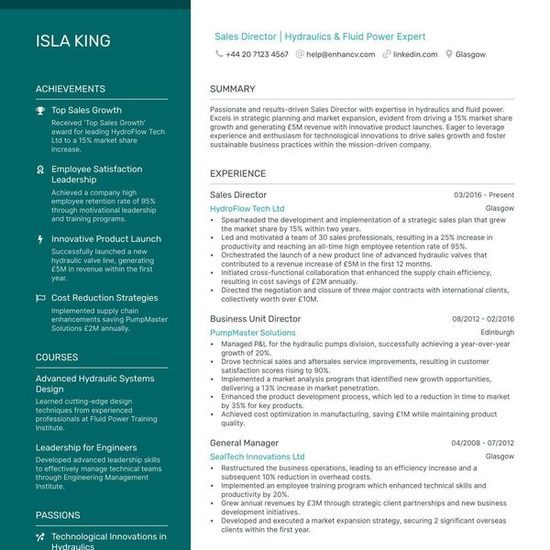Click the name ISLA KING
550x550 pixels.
click(x=73, y=41)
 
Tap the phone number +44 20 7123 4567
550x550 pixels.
click(x=257, y=54)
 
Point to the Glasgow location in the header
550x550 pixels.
click(x=470, y=54)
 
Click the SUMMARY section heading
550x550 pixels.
click(x=233, y=89)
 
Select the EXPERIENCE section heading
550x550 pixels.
click(x=237, y=173)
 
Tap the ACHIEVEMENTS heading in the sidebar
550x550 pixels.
click(x=71, y=89)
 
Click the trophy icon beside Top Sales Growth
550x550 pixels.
click(x=40, y=111)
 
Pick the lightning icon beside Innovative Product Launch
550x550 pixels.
click(x=40, y=239)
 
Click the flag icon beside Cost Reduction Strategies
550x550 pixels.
click(x=40, y=298)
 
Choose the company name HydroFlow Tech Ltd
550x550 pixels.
click(x=247, y=209)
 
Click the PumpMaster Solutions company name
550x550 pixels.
click(x=252, y=333)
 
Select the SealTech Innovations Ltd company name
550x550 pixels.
click(x=257, y=456)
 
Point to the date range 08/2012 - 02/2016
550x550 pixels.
click(x=482, y=319)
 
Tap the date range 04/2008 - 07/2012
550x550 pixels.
click(x=482, y=443)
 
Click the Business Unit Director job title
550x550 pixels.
click(x=255, y=319)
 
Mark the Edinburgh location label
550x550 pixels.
click(x=497, y=333)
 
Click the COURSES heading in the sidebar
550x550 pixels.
click(x=57, y=357)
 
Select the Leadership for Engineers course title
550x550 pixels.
click(x=86, y=447)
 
